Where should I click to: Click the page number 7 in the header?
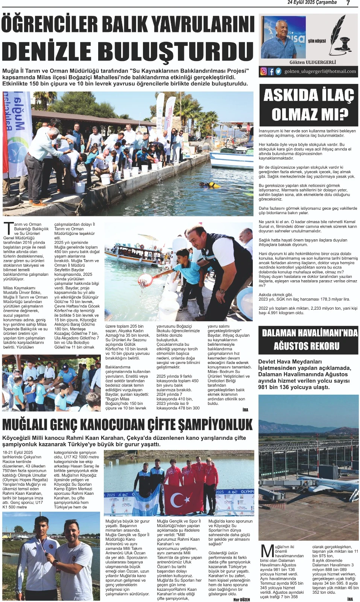click(x=348, y=3)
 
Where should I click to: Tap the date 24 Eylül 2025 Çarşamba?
click(x=312, y=3)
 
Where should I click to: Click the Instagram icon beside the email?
click(x=264, y=71)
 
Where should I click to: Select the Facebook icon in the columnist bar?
click(x=271, y=71)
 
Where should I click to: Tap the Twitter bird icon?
click(x=278, y=71)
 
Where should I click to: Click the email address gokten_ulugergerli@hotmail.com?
click(x=320, y=71)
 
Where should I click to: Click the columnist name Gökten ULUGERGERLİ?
click(x=313, y=62)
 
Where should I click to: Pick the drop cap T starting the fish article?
click(x=8, y=229)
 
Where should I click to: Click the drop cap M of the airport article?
click(x=267, y=552)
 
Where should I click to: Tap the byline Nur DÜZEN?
click(x=242, y=599)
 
